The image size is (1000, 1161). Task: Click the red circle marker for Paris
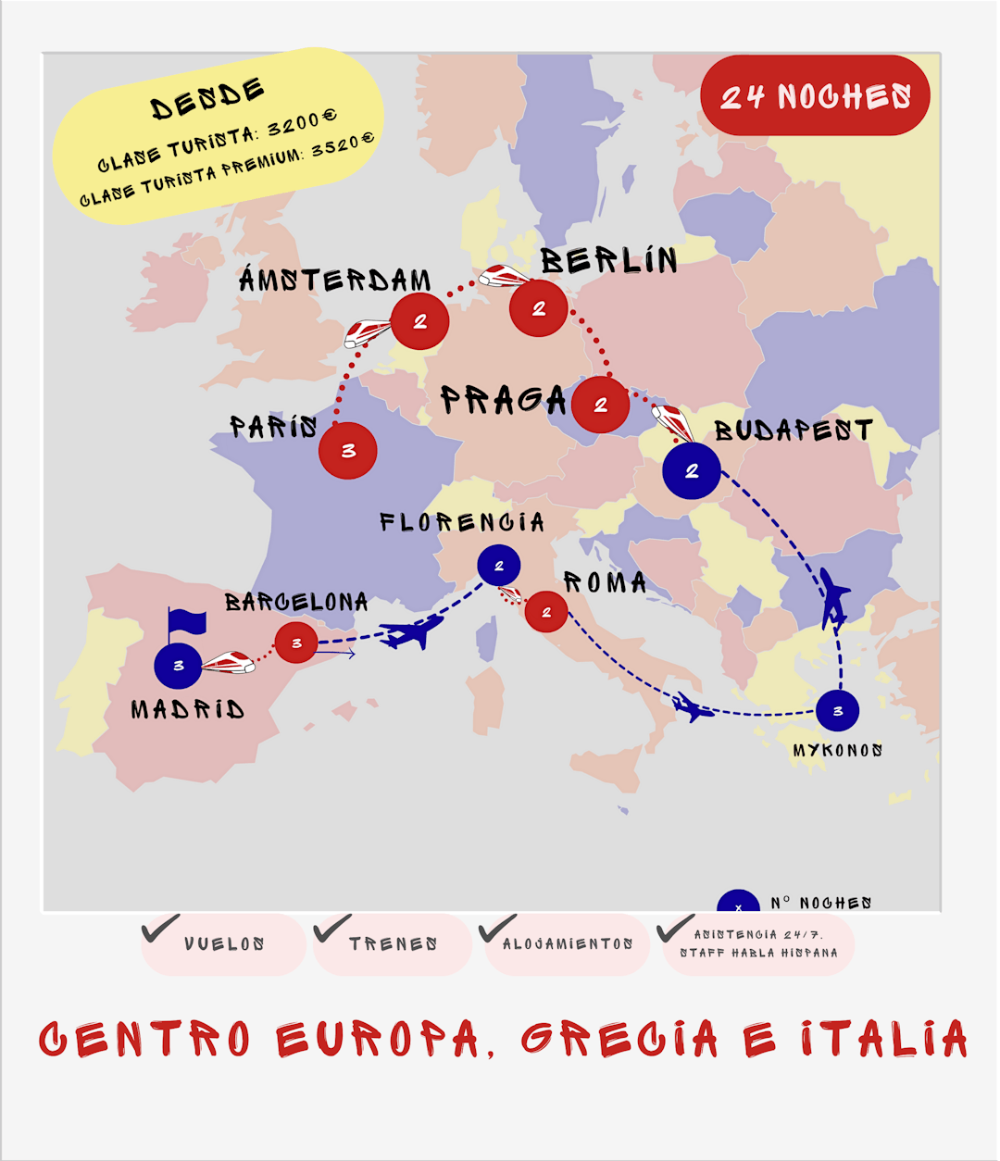[348, 451]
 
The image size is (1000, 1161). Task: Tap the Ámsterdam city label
[335, 280]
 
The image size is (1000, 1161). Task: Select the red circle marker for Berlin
[539, 309]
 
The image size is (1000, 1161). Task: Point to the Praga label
[503, 400]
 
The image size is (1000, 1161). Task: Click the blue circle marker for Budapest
[692, 471]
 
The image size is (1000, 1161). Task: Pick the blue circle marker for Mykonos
[838, 711]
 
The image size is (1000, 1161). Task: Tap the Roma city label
[606, 582]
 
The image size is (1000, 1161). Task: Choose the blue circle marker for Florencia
[499, 566]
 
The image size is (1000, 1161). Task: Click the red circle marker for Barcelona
[296, 643]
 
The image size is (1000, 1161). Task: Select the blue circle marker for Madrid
[179, 666]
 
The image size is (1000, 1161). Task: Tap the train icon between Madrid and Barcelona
[229, 662]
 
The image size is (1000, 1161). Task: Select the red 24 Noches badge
[816, 95]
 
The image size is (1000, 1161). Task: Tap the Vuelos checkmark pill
[224, 944]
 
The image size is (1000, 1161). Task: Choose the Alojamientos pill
[568, 944]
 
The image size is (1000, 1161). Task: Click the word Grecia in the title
[620, 1039]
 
